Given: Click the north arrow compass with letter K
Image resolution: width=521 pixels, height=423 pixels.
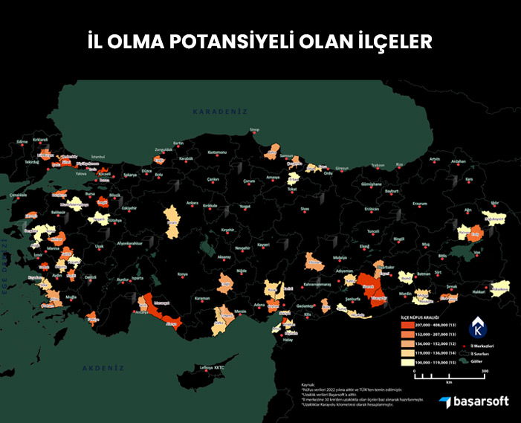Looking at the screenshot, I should [479, 327].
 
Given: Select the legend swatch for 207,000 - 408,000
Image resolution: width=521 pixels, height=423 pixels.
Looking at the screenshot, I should [407, 326].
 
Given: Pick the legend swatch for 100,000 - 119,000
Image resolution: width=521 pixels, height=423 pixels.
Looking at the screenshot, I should [407, 363].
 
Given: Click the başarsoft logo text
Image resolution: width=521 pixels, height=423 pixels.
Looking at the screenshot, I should [481, 401].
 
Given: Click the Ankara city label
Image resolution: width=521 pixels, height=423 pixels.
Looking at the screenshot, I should [192, 202].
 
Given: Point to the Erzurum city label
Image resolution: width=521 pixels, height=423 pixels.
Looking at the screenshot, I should [420, 203].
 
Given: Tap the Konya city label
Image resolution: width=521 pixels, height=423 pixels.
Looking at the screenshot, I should [183, 274].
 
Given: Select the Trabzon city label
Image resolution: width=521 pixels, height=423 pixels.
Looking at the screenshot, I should [378, 165].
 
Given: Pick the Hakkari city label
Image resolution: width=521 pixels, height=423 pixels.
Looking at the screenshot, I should [479, 292].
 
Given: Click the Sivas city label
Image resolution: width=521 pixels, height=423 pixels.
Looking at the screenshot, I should [305, 210].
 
